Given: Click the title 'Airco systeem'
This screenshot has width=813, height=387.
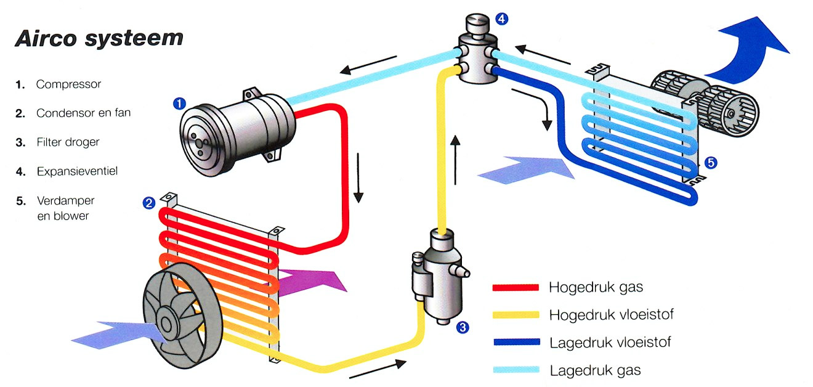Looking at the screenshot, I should pyautogui.click(x=99, y=38).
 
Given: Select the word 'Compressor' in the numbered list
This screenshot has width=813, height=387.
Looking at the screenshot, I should pyautogui.click(x=68, y=84).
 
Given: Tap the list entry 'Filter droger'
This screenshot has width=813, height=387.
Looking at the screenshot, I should pyautogui.click(x=68, y=142).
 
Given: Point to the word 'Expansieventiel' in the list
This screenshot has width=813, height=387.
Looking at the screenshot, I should pyautogui.click(x=77, y=171).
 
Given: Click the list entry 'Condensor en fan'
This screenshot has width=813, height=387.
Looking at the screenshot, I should pyautogui.click(x=83, y=113).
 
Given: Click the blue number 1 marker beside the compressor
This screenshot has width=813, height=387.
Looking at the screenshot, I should pyautogui.click(x=179, y=104).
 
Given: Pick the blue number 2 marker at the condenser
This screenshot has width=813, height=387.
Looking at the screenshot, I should pyautogui.click(x=148, y=202).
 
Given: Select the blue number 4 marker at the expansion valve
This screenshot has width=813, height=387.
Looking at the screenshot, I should pyautogui.click(x=502, y=19).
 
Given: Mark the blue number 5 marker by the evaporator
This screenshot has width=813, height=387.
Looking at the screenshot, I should pyautogui.click(x=710, y=163).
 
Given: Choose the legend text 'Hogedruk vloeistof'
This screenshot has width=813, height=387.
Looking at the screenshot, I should pyautogui.click(x=611, y=315).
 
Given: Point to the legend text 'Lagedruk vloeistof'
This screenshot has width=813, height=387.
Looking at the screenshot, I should pyautogui.click(x=610, y=343).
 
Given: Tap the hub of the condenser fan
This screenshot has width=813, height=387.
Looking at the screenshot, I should pyautogui.click(x=167, y=322).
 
